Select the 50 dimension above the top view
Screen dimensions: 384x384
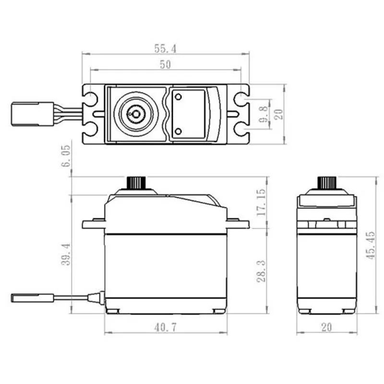165,64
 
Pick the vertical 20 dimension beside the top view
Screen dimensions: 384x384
279,114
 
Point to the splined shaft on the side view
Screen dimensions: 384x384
136,183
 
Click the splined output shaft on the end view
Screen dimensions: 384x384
327,183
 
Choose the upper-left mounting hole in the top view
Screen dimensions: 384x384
91,99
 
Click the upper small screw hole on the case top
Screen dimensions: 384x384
178,97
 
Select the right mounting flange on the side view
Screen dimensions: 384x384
238,223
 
